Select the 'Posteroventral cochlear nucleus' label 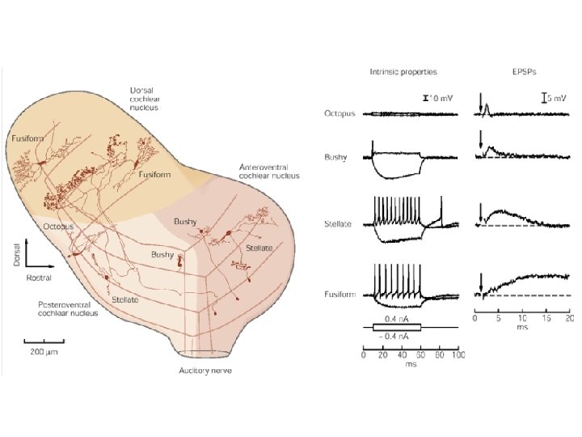(69, 308)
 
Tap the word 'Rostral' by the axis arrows (38, 278)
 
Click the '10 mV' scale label (441, 97)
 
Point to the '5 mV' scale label (557, 97)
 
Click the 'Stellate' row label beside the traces (338, 223)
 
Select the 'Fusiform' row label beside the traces (338, 295)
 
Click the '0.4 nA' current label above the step (395, 319)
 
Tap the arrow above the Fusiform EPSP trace (482, 281)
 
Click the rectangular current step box (396, 327)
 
